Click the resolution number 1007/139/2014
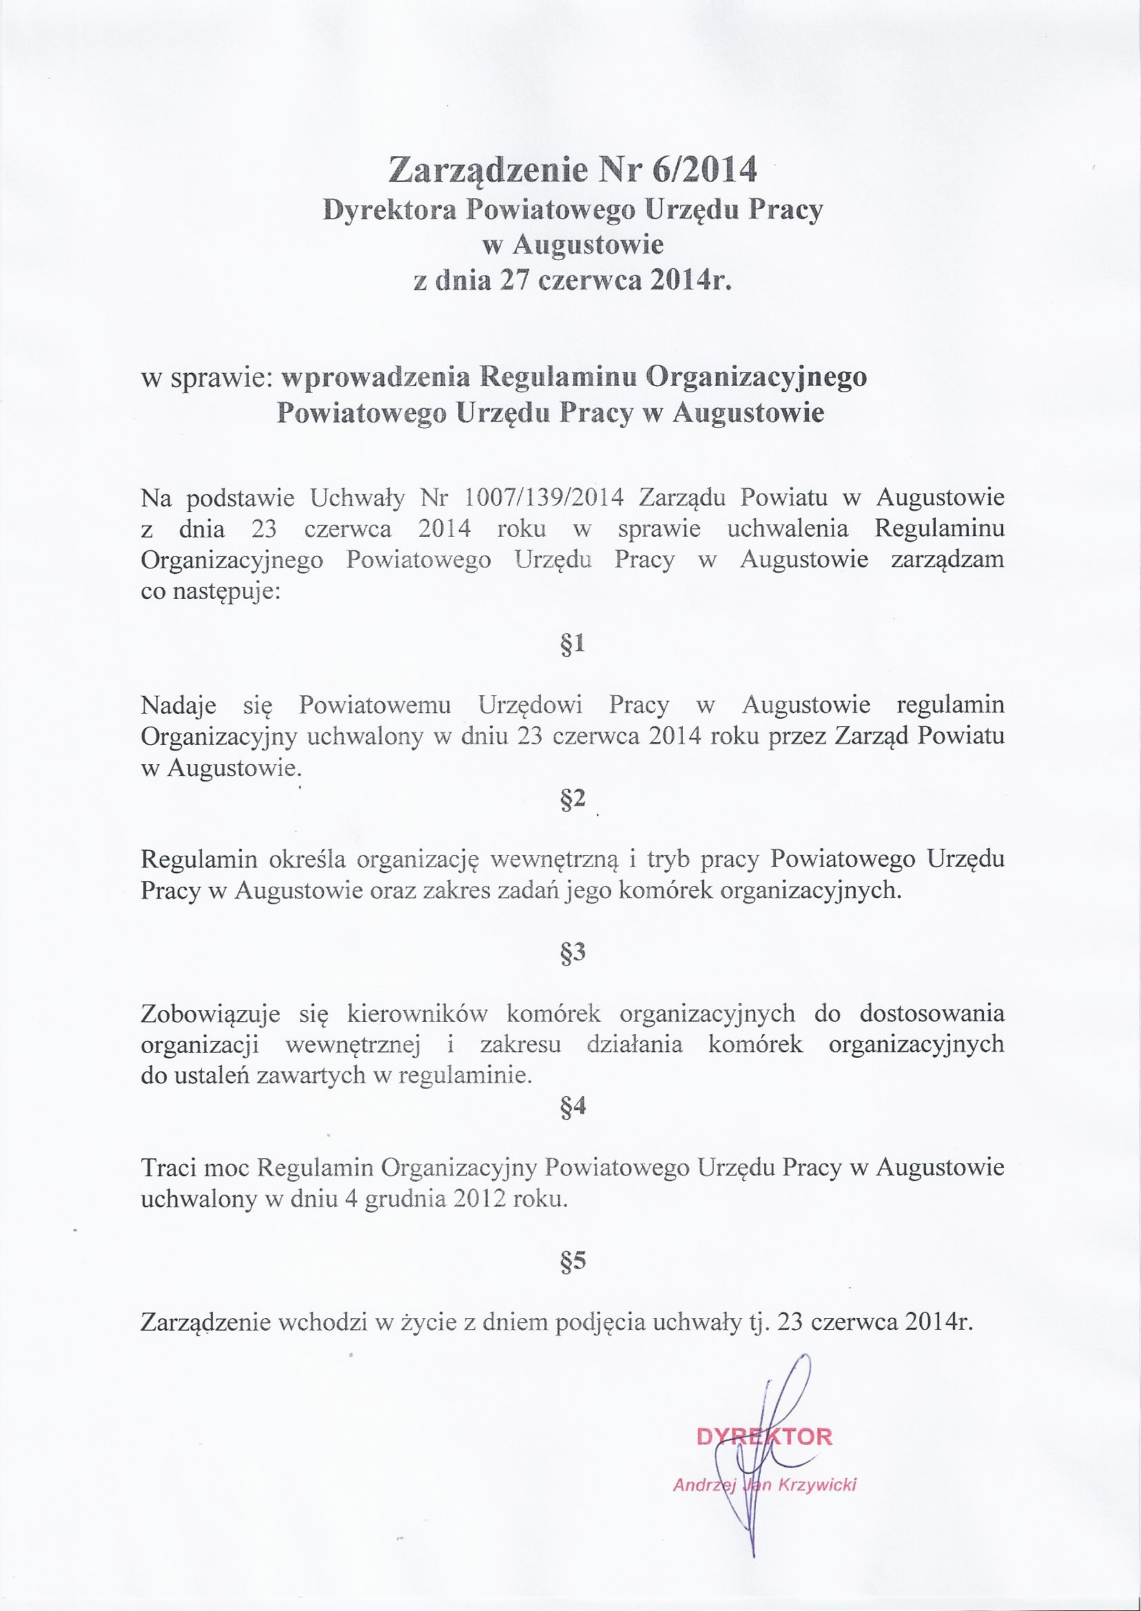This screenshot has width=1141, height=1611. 544,497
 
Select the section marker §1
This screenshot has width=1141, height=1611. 573,644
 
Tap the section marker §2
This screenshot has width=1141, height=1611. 573,799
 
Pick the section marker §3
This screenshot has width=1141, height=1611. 573,953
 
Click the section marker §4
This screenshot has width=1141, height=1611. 573,1108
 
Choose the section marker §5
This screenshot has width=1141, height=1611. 573,1262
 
